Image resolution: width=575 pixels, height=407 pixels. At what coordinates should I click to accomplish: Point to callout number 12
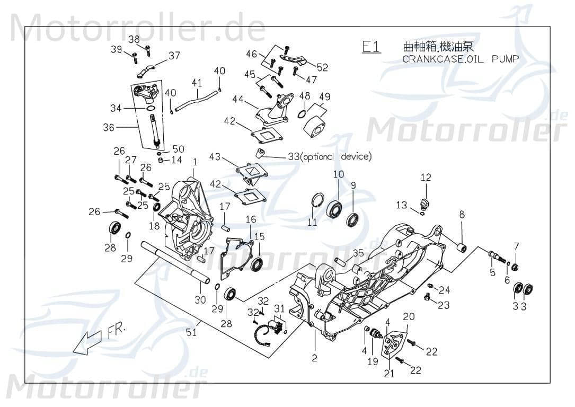point(426,177)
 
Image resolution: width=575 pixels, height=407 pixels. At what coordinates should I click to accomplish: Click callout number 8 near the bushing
point(462,214)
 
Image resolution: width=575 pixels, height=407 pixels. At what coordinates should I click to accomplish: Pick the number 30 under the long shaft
point(200,300)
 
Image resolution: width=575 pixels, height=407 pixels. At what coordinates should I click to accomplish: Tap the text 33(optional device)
point(330,156)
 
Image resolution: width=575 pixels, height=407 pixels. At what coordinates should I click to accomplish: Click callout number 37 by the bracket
point(174,56)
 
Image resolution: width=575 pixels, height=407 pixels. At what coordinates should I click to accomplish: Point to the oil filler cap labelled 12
point(423,202)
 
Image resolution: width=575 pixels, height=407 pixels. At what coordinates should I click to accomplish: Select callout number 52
point(322,67)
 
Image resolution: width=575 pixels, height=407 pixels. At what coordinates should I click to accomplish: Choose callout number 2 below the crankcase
point(314,359)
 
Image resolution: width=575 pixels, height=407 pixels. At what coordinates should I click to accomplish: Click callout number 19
point(373,361)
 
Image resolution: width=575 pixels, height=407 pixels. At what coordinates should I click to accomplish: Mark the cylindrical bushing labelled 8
point(461,247)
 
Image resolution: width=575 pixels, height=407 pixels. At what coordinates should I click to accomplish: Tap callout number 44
point(236,99)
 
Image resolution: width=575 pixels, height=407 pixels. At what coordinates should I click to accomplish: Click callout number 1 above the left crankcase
point(194,161)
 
